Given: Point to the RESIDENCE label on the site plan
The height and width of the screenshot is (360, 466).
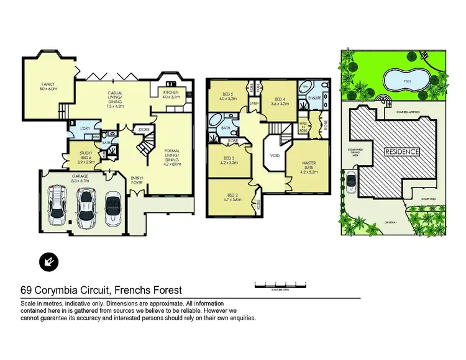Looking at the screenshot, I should click(x=401, y=151).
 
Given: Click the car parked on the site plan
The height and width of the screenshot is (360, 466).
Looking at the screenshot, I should click(x=351, y=182).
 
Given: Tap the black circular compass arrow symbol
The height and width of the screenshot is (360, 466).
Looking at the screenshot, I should click(x=47, y=261).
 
